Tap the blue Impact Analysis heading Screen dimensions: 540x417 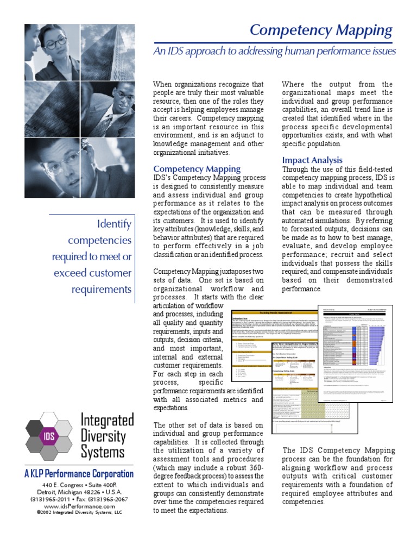tap(312, 160)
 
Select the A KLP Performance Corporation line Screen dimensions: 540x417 tap(79, 473)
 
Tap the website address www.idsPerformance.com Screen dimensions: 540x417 tap(79, 505)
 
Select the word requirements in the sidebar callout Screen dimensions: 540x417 tap(102, 288)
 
